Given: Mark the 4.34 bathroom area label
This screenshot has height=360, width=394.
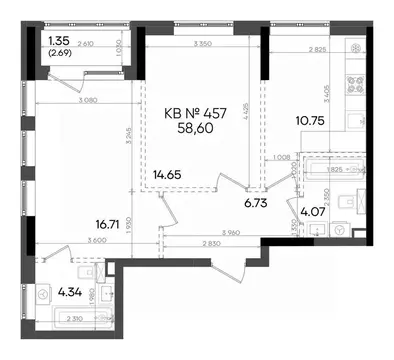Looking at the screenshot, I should pyautogui.click(x=71, y=294).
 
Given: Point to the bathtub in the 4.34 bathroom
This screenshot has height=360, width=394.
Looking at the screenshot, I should pyautogui.click(x=78, y=320).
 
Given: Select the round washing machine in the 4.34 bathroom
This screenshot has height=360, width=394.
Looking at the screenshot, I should pyautogui.click(x=46, y=295).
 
